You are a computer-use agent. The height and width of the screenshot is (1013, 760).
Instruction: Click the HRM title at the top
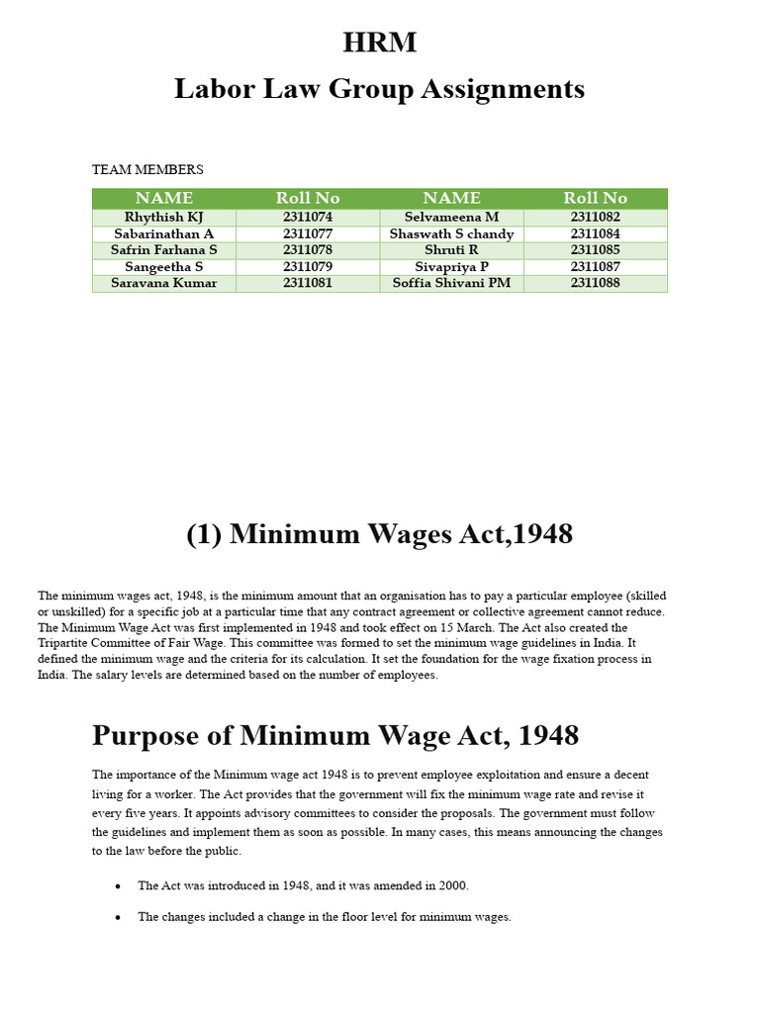[380, 44]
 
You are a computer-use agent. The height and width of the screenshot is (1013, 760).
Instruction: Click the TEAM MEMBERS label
[147, 170]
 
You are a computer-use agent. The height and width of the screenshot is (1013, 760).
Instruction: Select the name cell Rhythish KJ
[164, 218]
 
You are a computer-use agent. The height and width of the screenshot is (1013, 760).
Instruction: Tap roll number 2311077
[308, 234]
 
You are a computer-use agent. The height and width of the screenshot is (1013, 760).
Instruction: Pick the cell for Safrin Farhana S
[164, 250]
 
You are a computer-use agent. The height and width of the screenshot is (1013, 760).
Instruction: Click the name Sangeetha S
[164, 267]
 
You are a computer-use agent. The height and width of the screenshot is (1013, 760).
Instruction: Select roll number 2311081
[308, 283]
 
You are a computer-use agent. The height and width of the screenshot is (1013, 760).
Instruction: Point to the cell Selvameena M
[452, 218]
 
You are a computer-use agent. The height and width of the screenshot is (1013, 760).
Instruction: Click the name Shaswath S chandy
[452, 234]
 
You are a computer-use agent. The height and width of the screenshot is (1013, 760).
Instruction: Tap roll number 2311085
[596, 250]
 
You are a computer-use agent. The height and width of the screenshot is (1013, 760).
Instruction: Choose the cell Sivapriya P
[452, 267]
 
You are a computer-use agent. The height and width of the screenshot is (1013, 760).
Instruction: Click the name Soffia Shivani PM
[452, 283]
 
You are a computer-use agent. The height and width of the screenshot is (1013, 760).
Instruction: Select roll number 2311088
[596, 283]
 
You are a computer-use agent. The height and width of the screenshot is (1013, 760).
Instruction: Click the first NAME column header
[164, 198]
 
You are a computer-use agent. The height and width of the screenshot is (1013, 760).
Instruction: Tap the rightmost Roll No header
[596, 198]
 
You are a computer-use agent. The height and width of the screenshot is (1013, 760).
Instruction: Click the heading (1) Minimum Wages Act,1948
[380, 534]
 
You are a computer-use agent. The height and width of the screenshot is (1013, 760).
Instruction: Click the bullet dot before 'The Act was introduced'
[119, 887]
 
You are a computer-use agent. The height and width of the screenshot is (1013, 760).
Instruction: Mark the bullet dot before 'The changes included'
[119, 918]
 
